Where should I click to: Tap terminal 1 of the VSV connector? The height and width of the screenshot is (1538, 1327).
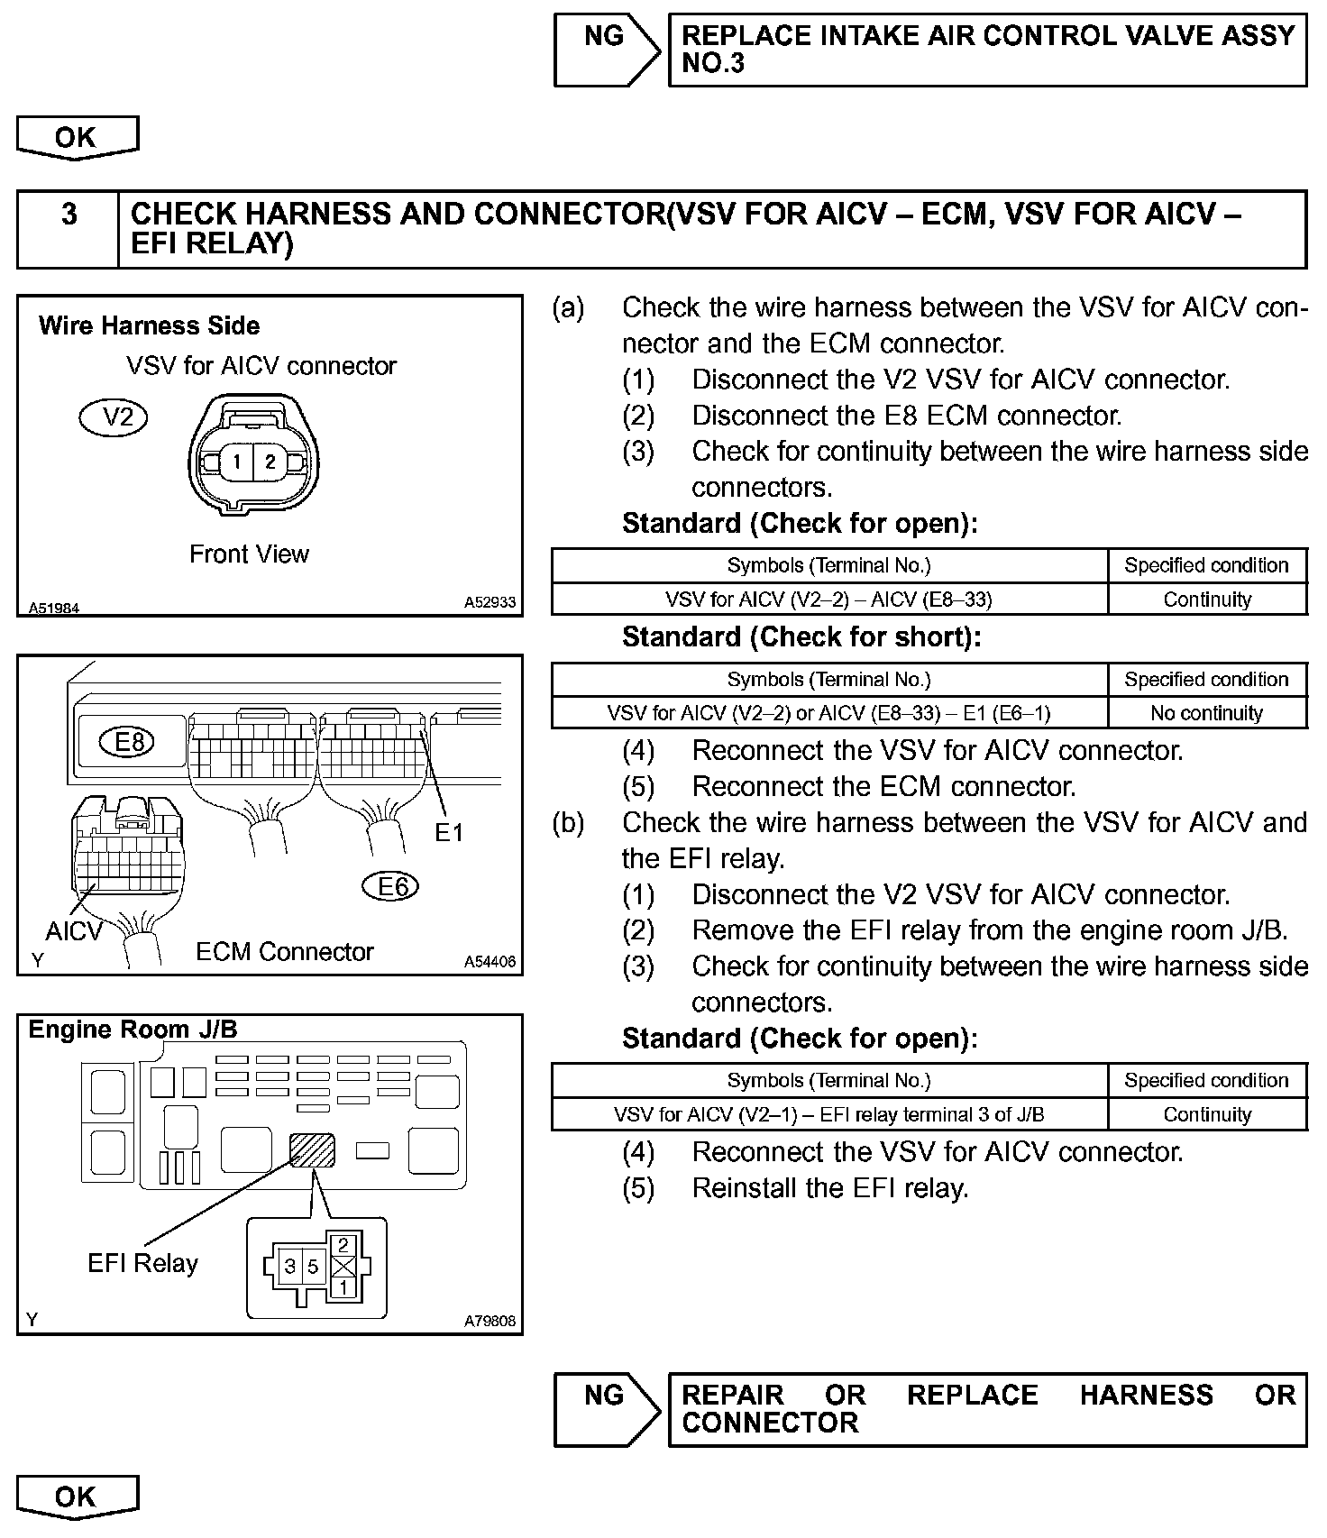[x=236, y=462]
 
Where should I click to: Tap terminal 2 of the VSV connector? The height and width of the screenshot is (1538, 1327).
[x=270, y=462]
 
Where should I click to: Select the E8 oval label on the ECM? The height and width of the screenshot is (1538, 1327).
[x=129, y=742]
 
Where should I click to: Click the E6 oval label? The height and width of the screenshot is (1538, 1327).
[x=390, y=887]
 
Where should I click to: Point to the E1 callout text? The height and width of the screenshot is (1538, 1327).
[x=449, y=832]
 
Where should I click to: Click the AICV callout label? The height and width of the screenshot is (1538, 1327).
[x=74, y=930]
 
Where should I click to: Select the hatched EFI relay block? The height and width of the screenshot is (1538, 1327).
[x=311, y=1150]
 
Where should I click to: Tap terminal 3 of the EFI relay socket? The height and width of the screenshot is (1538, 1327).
[x=290, y=1266]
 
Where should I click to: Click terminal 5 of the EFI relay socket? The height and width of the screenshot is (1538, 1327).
[x=313, y=1266]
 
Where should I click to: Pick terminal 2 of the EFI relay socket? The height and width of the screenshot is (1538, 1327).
[x=343, y=1245]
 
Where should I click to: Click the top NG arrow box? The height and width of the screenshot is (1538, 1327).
[x=606, y=49]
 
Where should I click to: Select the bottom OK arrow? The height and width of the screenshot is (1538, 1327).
[x=77, y=1497]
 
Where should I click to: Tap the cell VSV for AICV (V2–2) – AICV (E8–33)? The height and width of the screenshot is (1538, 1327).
[x=828, y=600]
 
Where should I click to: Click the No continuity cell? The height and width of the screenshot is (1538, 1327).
[x=1206, y=713]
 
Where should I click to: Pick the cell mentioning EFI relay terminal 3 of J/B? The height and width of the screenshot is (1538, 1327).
[x=828, y=1114]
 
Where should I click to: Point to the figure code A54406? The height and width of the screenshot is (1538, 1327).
[x=490, y=962]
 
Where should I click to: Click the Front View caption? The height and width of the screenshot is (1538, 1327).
[x=249, y=554]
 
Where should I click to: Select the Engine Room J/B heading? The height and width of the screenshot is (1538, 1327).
[x=133, y=1030]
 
